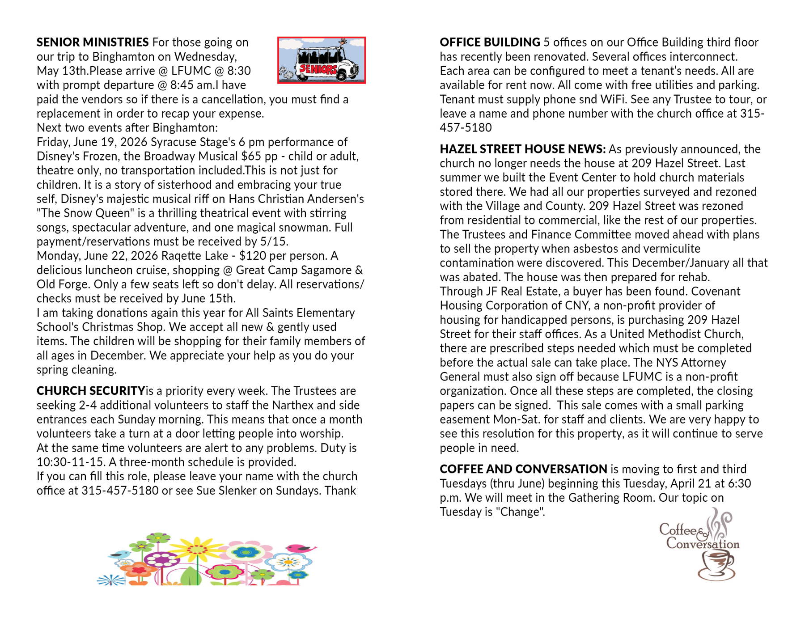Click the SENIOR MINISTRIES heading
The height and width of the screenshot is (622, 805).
point(92,42)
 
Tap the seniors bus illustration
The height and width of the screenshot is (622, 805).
point(321,60)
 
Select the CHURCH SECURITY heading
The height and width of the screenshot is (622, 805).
point(91,391)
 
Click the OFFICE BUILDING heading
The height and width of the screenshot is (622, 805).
point(490,42)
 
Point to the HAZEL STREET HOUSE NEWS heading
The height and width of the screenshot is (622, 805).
point(522,149)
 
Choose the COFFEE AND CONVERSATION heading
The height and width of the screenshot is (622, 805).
point(523,469)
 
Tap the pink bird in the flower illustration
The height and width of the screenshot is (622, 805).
point(299,548)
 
